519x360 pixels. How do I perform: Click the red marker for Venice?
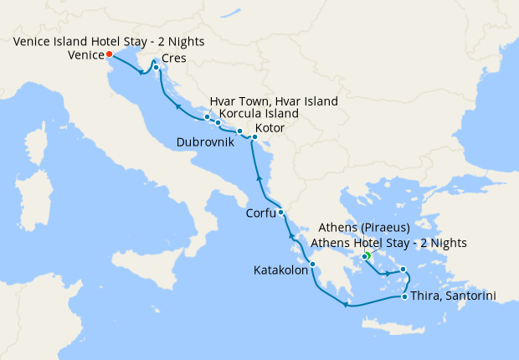point(110,54)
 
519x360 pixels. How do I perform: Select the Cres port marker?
point(157,67)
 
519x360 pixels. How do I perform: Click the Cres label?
point(175,58)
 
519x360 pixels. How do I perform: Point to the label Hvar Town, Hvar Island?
point(274,101)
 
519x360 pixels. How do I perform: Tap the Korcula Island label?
point(259,114)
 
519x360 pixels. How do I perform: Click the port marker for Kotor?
point(254,136)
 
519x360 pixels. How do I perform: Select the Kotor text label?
point(272,128)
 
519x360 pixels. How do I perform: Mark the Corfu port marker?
point(281,212)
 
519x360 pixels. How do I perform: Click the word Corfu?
point(260,213)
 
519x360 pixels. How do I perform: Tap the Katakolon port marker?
point(312,265)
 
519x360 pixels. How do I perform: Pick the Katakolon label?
point(280,270)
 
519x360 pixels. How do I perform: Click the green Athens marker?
point(366,256)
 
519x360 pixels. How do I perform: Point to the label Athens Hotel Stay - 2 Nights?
point(388,243)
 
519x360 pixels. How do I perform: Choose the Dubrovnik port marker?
point(239,131)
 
